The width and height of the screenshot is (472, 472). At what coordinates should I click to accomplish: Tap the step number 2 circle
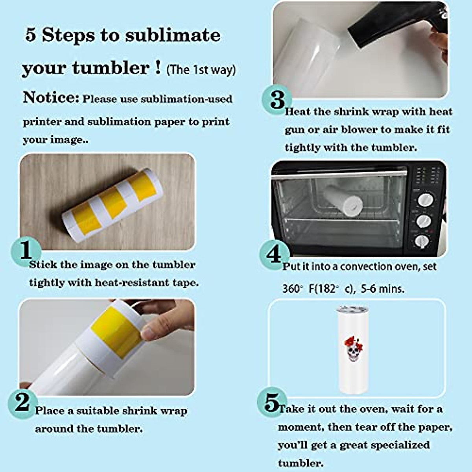22,402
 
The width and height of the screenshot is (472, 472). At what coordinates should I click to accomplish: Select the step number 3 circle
278,100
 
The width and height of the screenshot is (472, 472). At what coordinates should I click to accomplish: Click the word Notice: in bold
51,98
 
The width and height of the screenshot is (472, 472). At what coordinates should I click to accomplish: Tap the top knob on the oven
425,199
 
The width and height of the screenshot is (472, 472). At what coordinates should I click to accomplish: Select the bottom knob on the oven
422,241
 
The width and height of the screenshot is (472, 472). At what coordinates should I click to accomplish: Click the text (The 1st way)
201,70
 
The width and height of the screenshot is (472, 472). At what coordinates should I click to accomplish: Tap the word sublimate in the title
173,35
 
